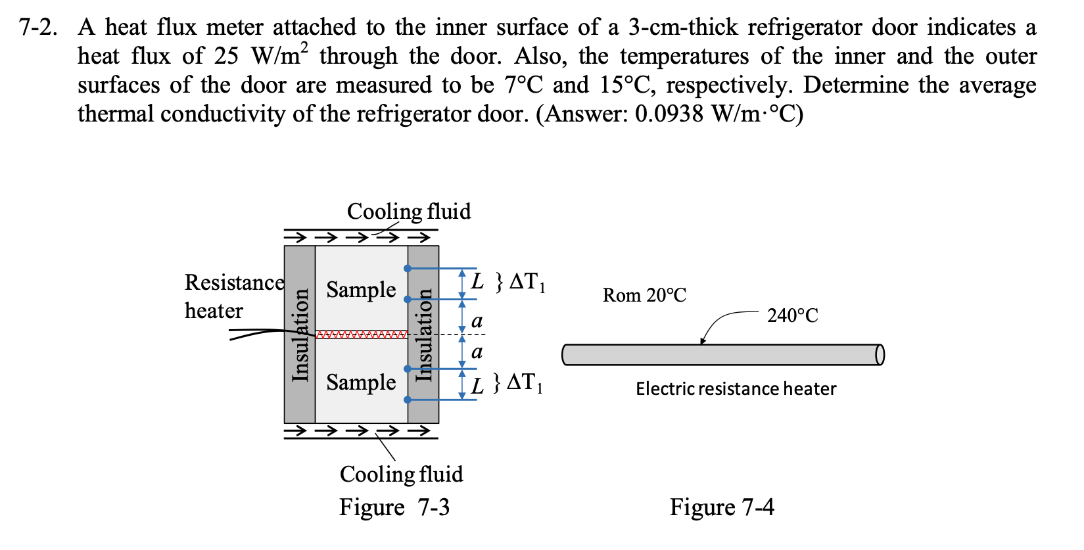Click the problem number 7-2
coord(37,28)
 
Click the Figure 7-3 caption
coord(394,507)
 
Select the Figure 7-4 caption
coord(721,507)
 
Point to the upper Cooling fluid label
coord(408,212)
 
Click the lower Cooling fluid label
coord(401,474)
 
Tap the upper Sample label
coord(361,290)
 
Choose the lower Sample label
coord(361,382)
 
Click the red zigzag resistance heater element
coord(362,335)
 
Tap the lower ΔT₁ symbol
coord(525,382)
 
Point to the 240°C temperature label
coord(792,316)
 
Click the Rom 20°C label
coord(644,296)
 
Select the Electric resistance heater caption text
coord(736,389)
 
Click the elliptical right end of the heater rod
coord(880,355)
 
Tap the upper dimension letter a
coord(477,321)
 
